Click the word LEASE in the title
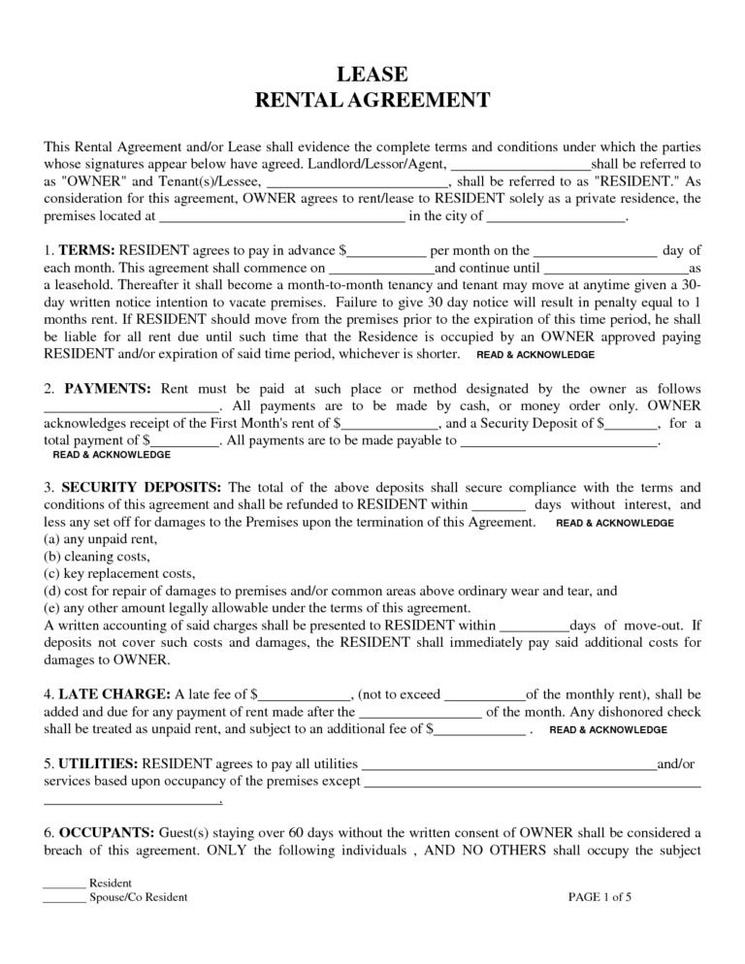pyautogui.click(x=372, y=75)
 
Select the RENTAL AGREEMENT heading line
pyautogui.click(x=372, y=101)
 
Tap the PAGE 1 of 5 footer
pyautogui.click(x=599, y=897)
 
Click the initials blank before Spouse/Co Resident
pyautogui.click(x=64, y=898)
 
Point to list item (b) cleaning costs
pyautogui.click(x=97, y=557)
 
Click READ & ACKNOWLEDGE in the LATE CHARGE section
pyautogui.click(x=607, y=729)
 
